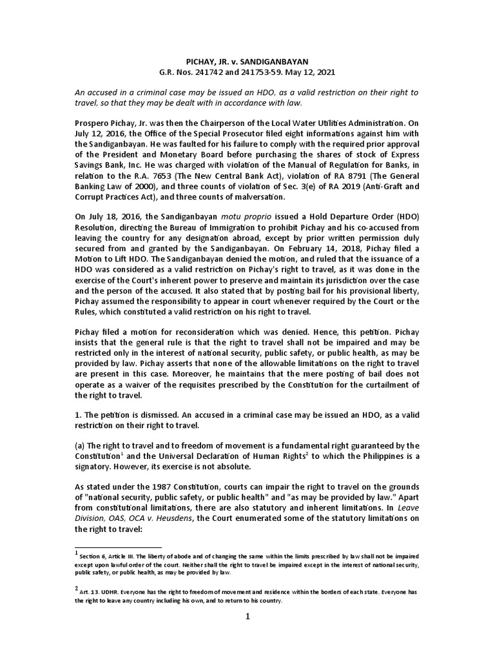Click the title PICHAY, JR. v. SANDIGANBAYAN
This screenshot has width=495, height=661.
click(247, 60)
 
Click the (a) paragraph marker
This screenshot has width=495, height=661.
click(81, 446)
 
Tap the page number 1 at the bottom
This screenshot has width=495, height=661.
click(247, 616)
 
